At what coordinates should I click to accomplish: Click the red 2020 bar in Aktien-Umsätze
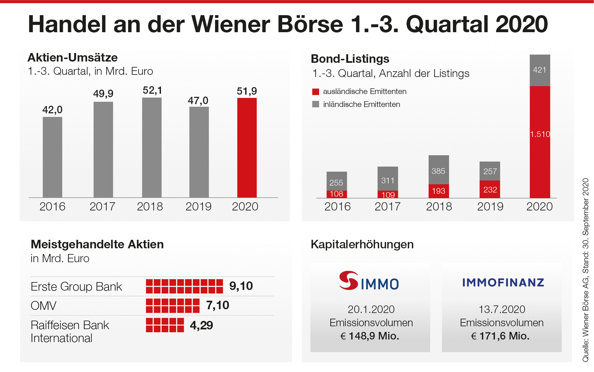click(x=247, y=148)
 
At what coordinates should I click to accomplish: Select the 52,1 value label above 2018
click(x=152, y=91)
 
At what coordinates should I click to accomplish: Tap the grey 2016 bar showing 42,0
click(x=52, y=157)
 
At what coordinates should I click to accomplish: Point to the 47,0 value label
click(x=198, y=101)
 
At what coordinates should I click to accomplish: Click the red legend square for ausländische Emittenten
click(x=316, y=92)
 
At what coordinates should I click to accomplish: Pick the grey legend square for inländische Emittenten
click(x=316, y=104)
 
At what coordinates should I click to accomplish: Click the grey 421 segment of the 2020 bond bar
click(x=540, y=70)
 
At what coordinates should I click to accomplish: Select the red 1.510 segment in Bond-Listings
click(x=540, y=142)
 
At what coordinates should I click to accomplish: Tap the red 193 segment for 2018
click(x=438, y=191)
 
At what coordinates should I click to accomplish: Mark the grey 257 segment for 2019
click(x=490, y=171)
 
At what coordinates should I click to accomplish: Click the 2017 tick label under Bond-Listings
click(x=388, y=207)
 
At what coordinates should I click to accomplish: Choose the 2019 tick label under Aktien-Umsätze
click(x=198, y=207)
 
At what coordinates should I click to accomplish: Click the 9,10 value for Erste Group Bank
click(x=241, y=286)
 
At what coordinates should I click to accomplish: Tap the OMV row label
click(x=44, y=306)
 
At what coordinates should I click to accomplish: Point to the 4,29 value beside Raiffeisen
click(x=201, y=325)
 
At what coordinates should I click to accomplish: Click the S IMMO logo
click(x=369, y=281)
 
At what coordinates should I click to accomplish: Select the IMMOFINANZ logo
click(x=503, y=282)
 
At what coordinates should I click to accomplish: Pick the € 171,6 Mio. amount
click(x=500, y=336)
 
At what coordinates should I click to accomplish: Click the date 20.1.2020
click(x=371, y=309)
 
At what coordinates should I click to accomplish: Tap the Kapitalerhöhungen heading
click(x=362, y=245)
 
